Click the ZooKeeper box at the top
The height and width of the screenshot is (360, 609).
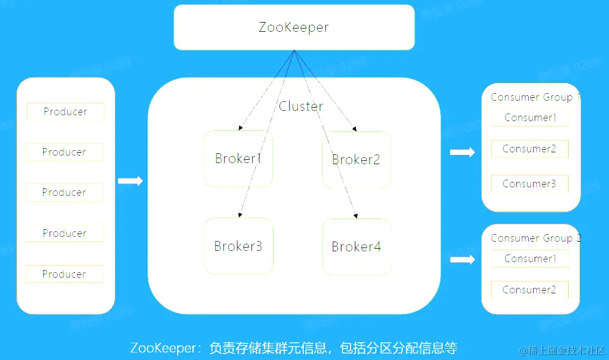(294, 27)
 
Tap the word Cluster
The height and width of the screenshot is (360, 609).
(301, 107)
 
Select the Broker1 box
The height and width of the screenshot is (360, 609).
(238, 159)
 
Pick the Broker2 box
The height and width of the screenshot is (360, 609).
(356, 160)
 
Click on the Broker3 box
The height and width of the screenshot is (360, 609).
(238, 246)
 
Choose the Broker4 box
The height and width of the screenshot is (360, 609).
(356, 247)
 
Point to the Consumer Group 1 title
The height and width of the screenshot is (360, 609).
(535, 97)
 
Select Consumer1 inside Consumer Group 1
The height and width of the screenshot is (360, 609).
(530, 118)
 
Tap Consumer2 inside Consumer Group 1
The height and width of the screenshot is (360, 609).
(529, 149)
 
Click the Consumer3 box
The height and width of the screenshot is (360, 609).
(529, 184)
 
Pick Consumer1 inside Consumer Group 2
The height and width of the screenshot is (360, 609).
(530, 259)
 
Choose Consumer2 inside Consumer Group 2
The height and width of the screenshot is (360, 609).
(529, 290)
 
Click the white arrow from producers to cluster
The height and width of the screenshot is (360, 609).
(130, 181)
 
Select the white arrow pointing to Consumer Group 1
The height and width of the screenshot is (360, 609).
(462, 152)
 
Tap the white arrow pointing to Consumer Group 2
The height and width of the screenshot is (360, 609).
(462, 260)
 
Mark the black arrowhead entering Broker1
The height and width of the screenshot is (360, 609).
(240, 128)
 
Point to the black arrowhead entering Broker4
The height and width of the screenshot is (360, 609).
(355, 216)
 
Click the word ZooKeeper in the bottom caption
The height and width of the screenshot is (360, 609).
(163, 348)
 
